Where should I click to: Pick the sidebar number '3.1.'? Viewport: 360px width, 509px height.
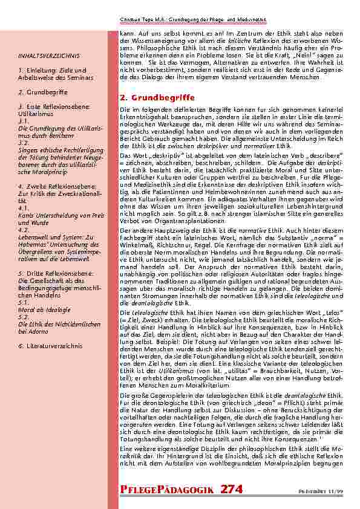pos(24,121)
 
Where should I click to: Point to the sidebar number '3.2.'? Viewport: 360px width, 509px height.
pos(24,142)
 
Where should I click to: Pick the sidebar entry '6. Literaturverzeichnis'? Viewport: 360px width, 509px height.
pos(50,345)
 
